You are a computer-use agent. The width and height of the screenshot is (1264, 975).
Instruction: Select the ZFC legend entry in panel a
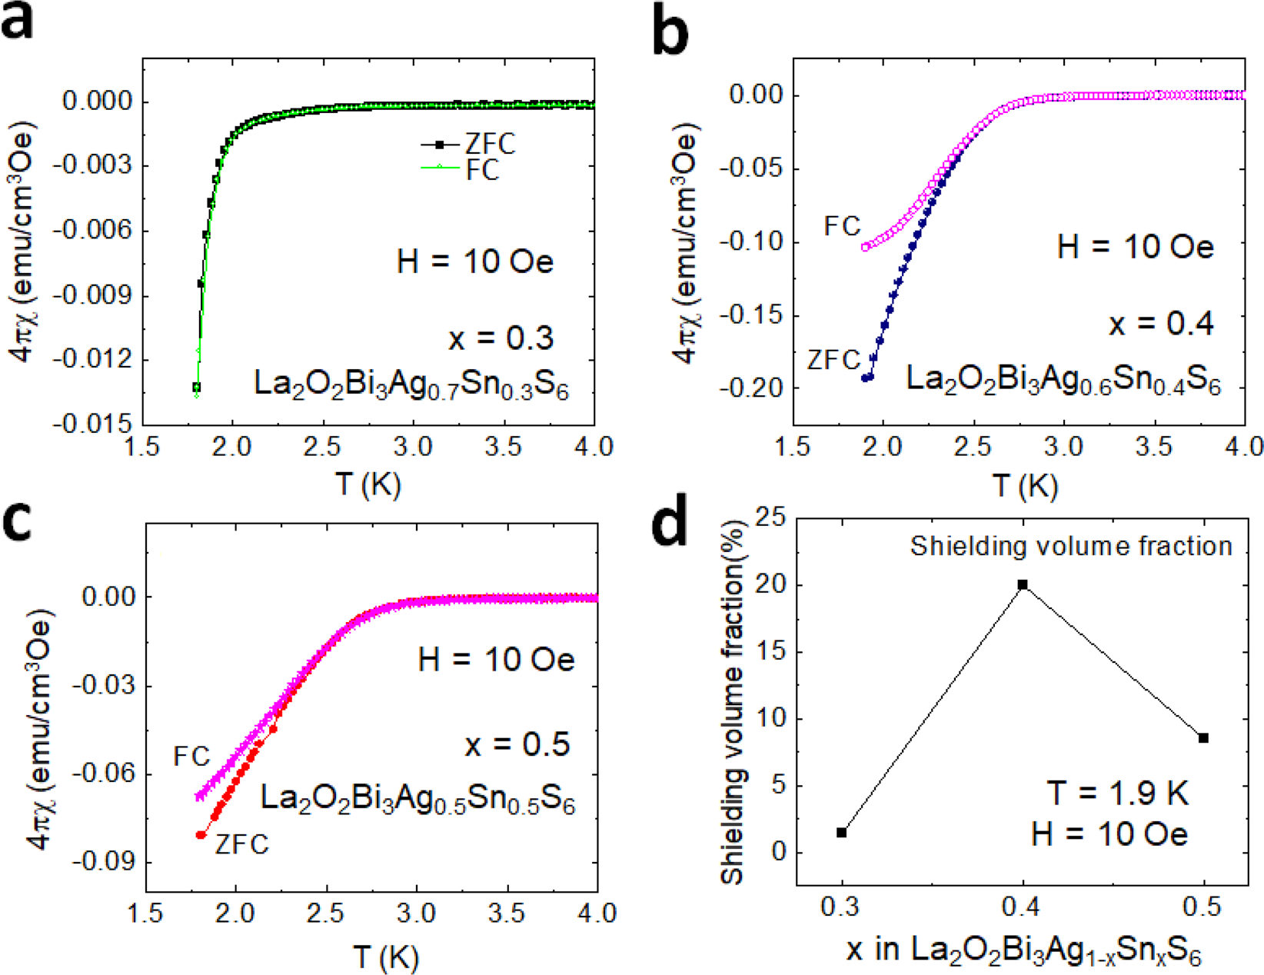(x=490, y=144)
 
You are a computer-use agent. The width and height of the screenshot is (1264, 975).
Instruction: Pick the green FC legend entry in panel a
(x=482, y=170)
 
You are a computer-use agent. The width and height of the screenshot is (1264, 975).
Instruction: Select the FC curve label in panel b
(x=842, y=226)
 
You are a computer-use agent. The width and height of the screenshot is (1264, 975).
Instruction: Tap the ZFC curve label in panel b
(x=833, y=359)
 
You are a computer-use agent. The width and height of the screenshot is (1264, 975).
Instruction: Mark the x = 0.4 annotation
(x=1161, y=323)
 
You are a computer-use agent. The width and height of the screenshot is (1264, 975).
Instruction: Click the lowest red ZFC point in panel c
(x=201, y=834)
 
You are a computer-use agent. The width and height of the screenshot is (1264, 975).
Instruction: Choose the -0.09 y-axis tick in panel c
(x=101, y=862)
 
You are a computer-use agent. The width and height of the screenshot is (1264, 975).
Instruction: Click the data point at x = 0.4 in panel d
(x=1023, y=585)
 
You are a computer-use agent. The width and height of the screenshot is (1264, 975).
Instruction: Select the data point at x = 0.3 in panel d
(x=842, y=833)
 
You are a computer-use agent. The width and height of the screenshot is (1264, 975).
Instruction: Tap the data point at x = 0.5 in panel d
(x=1203, y=738)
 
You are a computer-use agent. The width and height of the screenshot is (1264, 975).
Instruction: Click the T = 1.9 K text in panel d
(x=1118, y=793)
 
